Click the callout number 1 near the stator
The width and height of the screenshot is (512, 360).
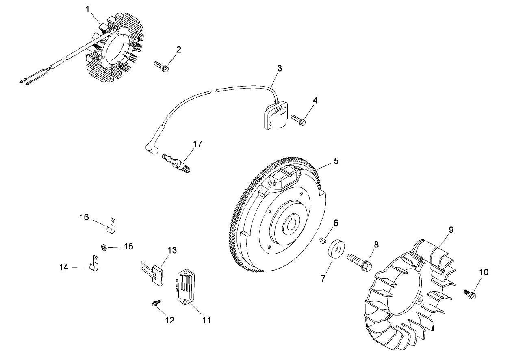tap(88, 9)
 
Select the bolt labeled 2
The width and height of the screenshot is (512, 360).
tap(161, 67)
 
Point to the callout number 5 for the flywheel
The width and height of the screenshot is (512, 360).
tap(336, 161)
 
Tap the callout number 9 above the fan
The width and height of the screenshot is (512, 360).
tap(451, 230)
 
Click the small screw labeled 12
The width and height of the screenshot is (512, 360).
tap(155, 304)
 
